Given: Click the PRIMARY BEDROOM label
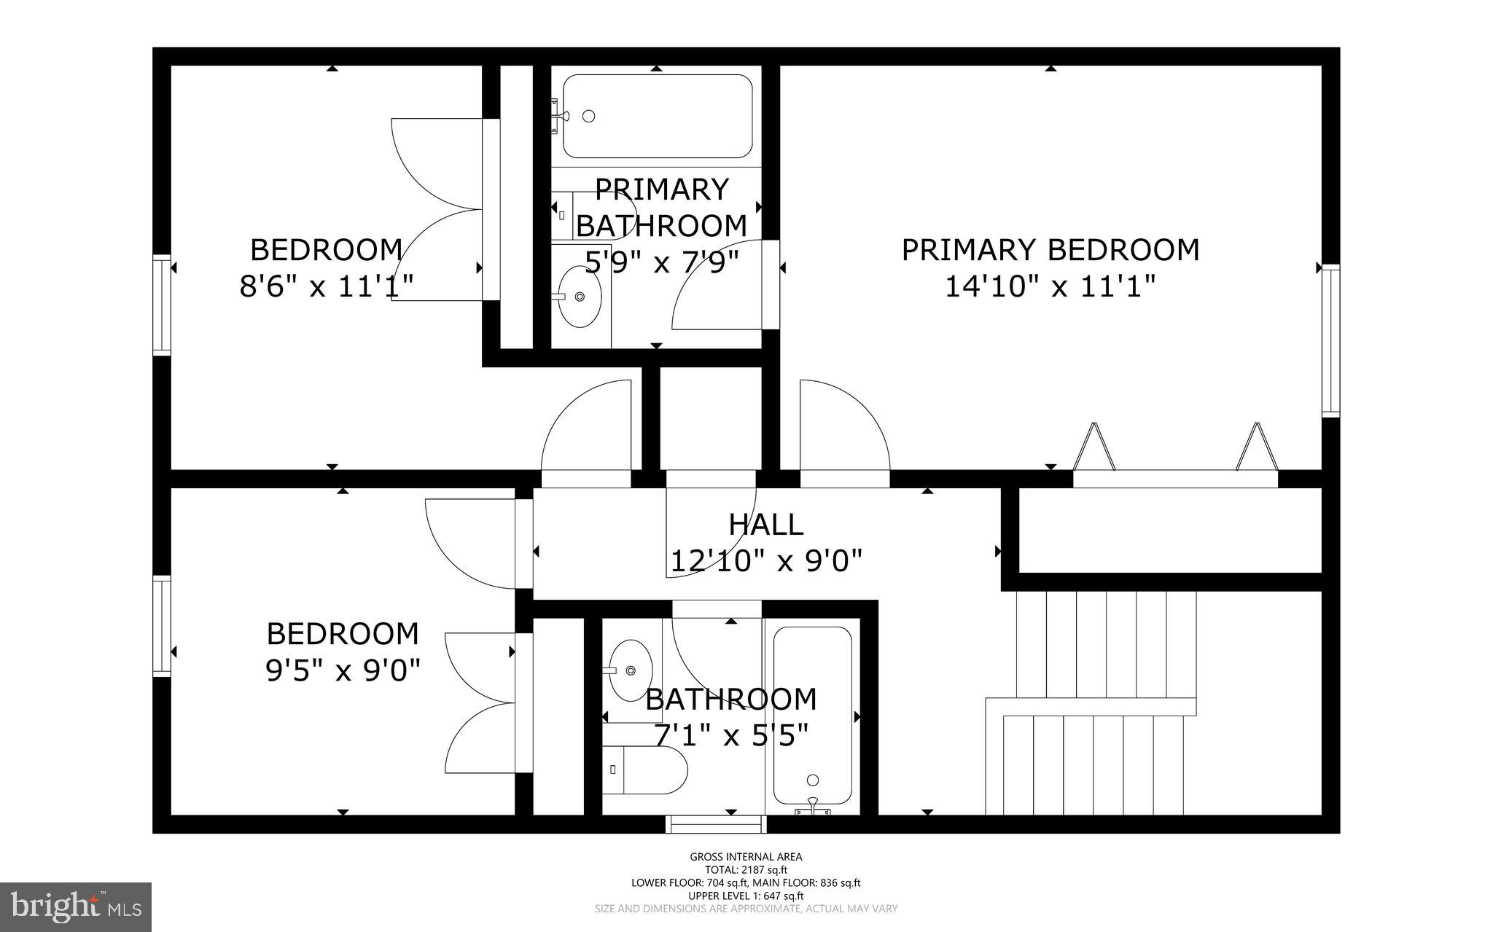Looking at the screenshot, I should (1050, 250).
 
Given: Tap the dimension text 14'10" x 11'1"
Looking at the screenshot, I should (1050, 286).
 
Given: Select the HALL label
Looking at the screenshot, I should (765, 524).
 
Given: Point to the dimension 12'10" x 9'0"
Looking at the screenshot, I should (765, 561).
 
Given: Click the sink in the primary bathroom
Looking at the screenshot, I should (580, 296).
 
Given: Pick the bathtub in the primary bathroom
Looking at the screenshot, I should (657, 116).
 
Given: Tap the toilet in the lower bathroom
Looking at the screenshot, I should (645, 769).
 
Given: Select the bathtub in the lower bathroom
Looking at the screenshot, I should (812, 718).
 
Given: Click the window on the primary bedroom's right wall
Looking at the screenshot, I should (1330, 340).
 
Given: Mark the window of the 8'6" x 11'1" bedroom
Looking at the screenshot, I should (161, 305).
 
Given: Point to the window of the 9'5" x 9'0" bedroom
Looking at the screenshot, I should (161, 626).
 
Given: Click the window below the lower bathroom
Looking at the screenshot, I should (717, 823).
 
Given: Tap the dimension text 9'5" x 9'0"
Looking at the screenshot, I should (343, 670).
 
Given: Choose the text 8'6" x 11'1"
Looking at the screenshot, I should (326, 286).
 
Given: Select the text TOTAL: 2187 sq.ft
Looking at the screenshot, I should (746, 869).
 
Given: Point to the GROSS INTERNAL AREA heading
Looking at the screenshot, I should (746, 857).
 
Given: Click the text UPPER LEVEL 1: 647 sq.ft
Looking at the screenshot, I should (746, 896).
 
